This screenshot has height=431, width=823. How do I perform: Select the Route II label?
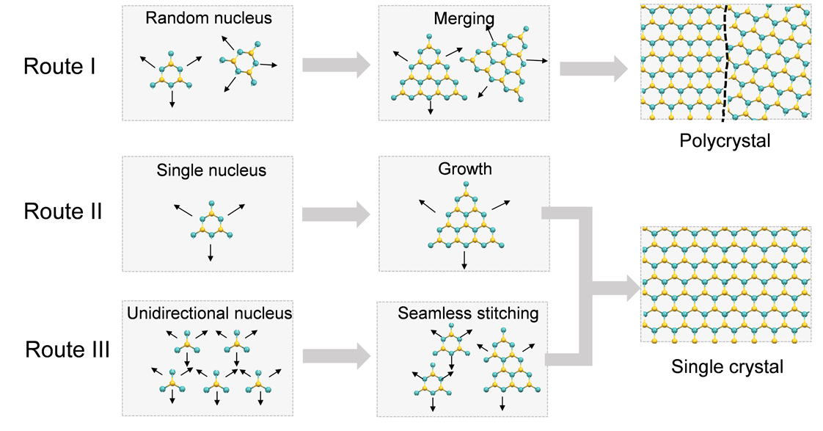[x=63, y=211]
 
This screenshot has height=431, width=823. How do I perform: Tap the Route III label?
[x=67, y=349]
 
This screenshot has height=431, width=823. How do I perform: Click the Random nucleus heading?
[x=208, y=18]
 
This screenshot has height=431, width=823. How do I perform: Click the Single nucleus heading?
[x=211, y=170]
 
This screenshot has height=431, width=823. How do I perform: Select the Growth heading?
[x=465, y=169]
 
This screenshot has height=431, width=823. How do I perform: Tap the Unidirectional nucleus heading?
[x=210, y=314]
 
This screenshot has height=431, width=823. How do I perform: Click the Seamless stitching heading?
[x=468, y=314]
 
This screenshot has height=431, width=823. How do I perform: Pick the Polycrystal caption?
[x=725, y=141]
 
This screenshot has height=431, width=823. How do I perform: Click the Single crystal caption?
[x=727, y=366]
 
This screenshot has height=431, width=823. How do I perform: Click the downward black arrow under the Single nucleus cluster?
[x=211, y=253]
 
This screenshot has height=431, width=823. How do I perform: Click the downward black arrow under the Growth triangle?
[x=464, y=260]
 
